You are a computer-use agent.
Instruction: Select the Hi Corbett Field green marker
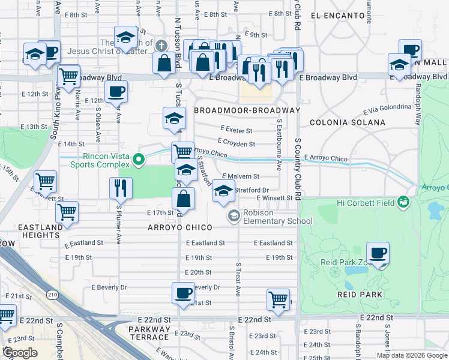[405, 202]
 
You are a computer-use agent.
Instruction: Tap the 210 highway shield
[52, 294]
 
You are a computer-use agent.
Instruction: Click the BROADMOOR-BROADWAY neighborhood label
[247, 110]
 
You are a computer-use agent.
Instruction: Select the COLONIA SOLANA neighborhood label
[348, 122]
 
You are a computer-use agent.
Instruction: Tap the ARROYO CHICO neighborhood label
[180, 227]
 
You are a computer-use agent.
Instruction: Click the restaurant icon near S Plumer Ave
[121, 188]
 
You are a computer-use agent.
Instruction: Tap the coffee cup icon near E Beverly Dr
[183, 293]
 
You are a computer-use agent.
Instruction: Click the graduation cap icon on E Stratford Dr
[223, 191]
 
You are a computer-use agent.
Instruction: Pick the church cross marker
[161, 45]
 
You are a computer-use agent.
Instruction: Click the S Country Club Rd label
[297, 169]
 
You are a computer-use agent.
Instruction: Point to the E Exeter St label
[237, 129]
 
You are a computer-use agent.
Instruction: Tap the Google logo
[21, 353]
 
